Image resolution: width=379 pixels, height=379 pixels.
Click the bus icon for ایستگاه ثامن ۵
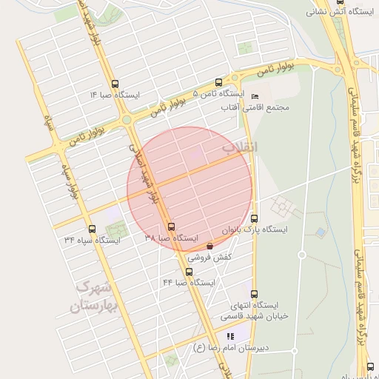coord(218,82)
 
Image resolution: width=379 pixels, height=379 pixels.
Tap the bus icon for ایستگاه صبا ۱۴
coord(114,84)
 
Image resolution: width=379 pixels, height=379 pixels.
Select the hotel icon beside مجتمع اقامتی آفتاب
coord(255,96)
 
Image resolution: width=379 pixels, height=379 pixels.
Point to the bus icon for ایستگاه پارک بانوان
coord(255,218)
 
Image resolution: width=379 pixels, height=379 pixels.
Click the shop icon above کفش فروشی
coord(209,246)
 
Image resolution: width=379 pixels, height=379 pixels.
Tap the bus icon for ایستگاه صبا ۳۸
coord(172,227)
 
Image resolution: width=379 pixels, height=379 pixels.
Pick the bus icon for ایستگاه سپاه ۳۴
coord(92,229)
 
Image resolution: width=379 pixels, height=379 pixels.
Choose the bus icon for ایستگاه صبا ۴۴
coord(189,272)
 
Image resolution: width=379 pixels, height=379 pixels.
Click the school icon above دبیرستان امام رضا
coord(219,337)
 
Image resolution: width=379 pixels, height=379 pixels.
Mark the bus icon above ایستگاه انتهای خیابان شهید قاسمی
coord(255,294)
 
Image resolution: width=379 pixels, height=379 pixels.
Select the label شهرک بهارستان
coord(94,296)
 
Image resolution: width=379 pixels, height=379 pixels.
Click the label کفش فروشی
coord(209,258)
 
